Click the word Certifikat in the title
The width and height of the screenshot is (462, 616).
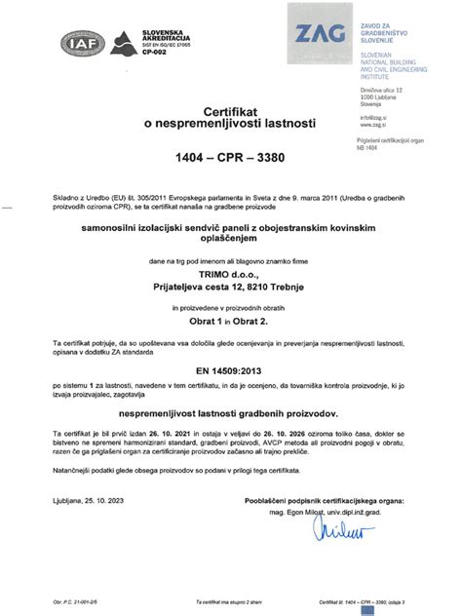point(231,113)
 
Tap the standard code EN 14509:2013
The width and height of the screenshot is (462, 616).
point(230,371)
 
